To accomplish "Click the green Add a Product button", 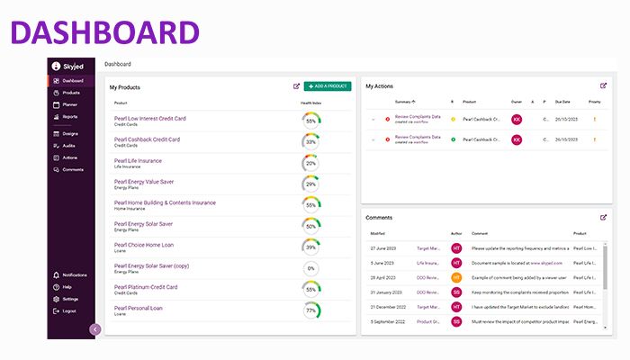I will click(x=328, y=86).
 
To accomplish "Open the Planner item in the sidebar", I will click(x=69, y=104).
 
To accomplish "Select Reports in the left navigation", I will click(x=69, y=116).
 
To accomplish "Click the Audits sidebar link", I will click(x=69, y=145).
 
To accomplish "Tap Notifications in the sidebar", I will click(x=74, y=274).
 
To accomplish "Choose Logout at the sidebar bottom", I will click(x=69, y=310).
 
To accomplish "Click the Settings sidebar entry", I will click(x=70, y=299).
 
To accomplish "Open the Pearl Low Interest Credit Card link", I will click(x=150, y=118).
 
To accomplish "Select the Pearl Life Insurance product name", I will click(x=138, y=160).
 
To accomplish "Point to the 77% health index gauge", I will click(x=311, y=310).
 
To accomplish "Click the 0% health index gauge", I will click(x=311, y=268).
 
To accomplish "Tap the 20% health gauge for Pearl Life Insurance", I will click(x=311, y=163).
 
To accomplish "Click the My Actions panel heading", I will click(x=380, y=86).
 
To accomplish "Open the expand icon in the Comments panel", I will click(x=603, y=217).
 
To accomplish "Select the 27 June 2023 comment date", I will click(x=383, y=247).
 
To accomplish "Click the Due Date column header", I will click(x=564, y=102).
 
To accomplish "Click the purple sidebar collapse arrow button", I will click(x=94, y=329).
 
